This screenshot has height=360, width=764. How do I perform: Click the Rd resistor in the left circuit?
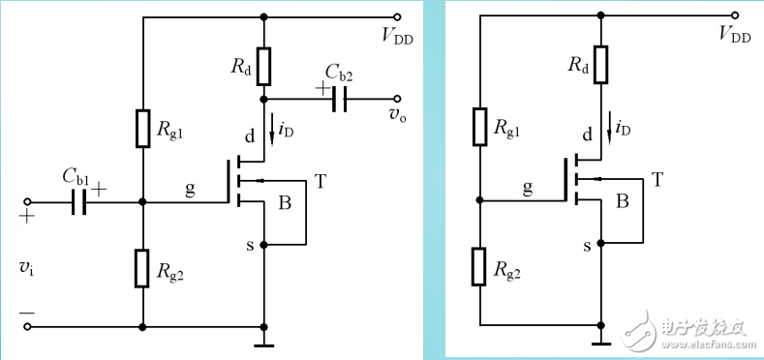[263, 66]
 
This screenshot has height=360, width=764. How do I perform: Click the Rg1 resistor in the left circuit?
[142, 128]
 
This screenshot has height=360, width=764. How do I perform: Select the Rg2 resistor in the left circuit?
[142, 267]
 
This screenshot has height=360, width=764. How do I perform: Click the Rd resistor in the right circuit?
[601, 65]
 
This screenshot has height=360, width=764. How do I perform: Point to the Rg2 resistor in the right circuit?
[480, 267]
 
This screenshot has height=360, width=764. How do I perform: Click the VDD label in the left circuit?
[399, 36]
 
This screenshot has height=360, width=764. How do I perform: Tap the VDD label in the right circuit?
[735, 36]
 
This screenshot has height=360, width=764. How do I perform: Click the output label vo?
[396, 114]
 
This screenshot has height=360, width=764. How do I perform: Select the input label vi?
[26, 267]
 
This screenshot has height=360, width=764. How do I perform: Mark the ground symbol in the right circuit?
[601, 342]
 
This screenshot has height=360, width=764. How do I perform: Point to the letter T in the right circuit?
[657, 180]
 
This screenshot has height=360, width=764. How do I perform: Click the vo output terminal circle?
[397, 99]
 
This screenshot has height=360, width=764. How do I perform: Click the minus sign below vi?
[26, 313]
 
